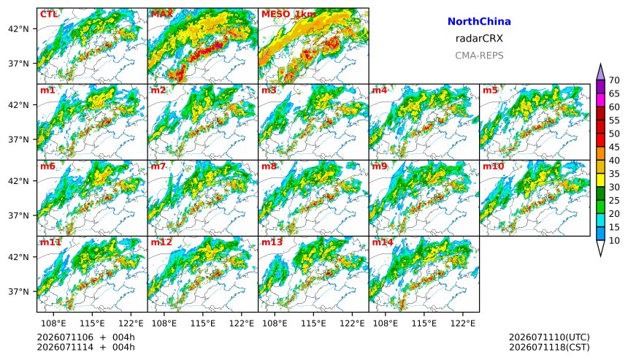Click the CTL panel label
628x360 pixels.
(x=49, y=15)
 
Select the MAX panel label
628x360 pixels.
(x=162, y=15)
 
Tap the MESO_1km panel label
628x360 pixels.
(x=288, y=15)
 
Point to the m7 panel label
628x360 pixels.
(x=158, y=166)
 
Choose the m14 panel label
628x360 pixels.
(x=383, y=242)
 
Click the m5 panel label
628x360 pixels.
(x=490, y=90)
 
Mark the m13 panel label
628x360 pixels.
(x=272, y=242)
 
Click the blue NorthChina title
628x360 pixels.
(x=479, y=22)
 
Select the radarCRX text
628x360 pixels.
(x=479, y=39)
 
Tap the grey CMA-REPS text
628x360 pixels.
(x=479, y=55)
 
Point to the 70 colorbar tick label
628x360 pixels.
(x=614, y=80)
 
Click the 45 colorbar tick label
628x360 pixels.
(x=614, y=147)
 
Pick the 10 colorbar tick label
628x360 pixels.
(x=614, y=241)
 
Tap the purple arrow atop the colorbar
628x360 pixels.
(x=600, y=72)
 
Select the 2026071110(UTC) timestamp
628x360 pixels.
(x=549, y=337)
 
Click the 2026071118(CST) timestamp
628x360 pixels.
(x=549, y=347)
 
